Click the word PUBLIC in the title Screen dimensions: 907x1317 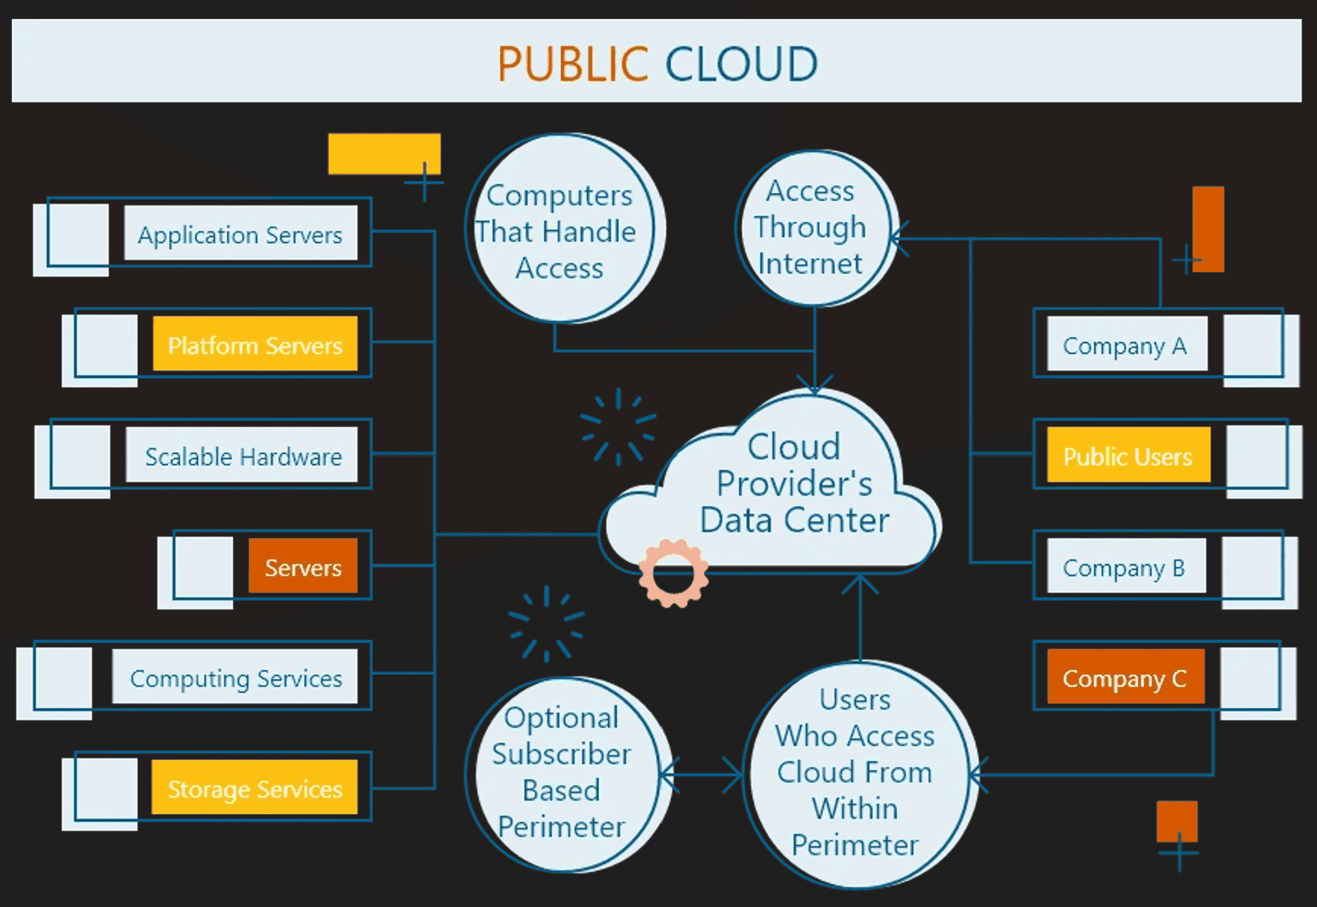coord(572,64)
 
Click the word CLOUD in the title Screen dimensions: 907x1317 coord(741,64)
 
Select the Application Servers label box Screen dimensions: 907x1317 coord(241,234)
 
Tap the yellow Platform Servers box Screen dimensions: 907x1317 coord(255,344)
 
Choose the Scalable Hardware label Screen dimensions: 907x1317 coord(242,455)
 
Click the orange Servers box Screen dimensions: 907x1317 coord(303,567)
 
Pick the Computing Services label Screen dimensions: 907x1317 coord(235,677)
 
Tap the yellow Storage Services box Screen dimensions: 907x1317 coord(255,788)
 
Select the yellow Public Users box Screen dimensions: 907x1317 coord(1128,455)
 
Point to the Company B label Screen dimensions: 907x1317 coord(1125,567)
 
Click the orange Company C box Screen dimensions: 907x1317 coord(1125,677)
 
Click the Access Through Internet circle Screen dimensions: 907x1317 coord(813,227)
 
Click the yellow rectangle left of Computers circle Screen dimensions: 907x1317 coord(384,154)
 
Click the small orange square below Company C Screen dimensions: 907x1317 coord(1176,821)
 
